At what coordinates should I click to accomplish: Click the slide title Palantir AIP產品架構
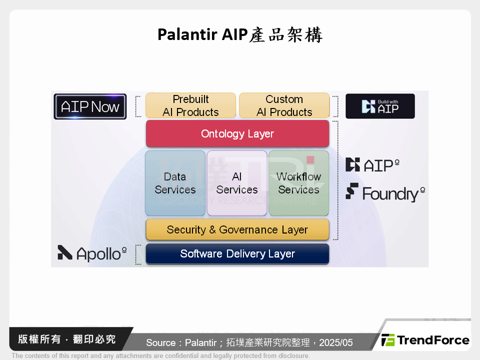pyautogui.click(x=240, y=34)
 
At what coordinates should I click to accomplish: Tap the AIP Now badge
pyautogui.click(x=90, y=106)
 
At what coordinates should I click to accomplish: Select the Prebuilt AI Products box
pyautogui.click(x=190, y=105)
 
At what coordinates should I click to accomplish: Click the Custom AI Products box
pyautogui.click(x=284, y=105)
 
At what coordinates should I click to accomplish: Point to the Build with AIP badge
pyautogui.click(x=380, y=106)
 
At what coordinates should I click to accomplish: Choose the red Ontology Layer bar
pyautogui.click(x=237, y=133)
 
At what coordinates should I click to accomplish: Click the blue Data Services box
pyautogui.click(x=175, y=183)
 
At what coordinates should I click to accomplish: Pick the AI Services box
pyautogui.click(x=237, y=183)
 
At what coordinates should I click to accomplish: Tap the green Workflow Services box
pyautogui.click(x=298, y=183)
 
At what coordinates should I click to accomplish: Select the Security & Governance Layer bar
pyautogui.click(x=237, y=229)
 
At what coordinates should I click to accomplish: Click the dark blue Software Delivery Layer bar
pyautogui.click(x=237, y=253)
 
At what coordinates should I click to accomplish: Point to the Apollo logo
pyautogui.click(x=92, y=253)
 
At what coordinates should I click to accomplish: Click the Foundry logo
pyautogui.click(x=385, y=193)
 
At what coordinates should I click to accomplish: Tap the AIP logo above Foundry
pyautogui.click(x=373, y=165)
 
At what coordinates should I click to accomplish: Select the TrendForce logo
pyautogui.click(x=425, y=340)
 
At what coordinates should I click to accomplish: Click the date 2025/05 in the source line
pyautogui.click(x=336, y=342)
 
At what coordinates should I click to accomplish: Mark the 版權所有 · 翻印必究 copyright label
pyautogui.click(x=67, y=339)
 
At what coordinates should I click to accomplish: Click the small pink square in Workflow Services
pyautogui.click(x=310, y=160)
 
